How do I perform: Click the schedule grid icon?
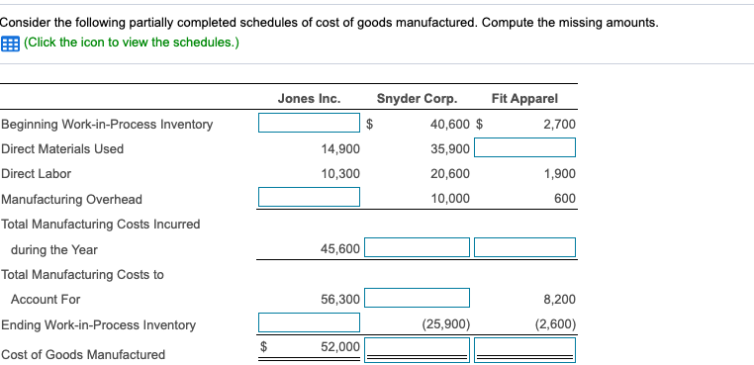point(10,43)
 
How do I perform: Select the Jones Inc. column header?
point(309,98)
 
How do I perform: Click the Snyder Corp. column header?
point(417,98)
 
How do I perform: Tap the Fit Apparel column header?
point(523,98)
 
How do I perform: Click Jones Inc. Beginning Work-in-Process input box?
point(309,124)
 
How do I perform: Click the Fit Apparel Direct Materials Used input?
point(524,148)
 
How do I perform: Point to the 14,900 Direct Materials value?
point(340,148)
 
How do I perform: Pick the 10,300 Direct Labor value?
point(340,173)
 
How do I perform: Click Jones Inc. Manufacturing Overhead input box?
point(309,198)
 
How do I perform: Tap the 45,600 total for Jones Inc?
point(340,249)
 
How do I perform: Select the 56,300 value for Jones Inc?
point(340,299)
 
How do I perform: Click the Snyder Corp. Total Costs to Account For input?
point(417,299)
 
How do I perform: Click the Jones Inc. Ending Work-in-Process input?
point(309,323)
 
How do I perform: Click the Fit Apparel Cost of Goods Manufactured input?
point(524,348)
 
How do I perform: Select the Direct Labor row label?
point(36,173)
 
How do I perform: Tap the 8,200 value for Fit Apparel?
point(559,299)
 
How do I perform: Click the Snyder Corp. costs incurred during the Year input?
point(417,247)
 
